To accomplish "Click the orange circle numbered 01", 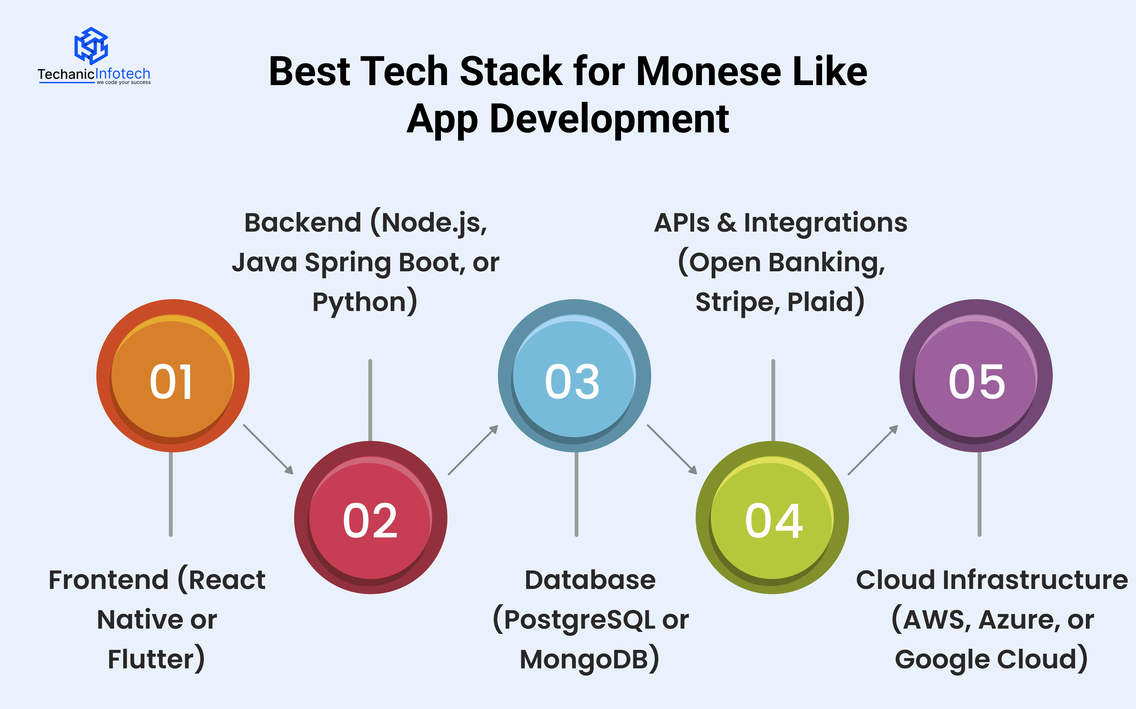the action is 173,376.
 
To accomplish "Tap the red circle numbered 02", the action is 371,518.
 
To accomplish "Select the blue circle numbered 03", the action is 574,376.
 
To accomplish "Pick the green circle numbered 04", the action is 772,518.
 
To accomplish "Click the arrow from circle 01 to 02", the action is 268,449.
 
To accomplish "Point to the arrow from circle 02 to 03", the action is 473,450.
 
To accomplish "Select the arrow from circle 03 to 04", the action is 672,449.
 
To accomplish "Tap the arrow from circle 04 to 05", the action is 873,450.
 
